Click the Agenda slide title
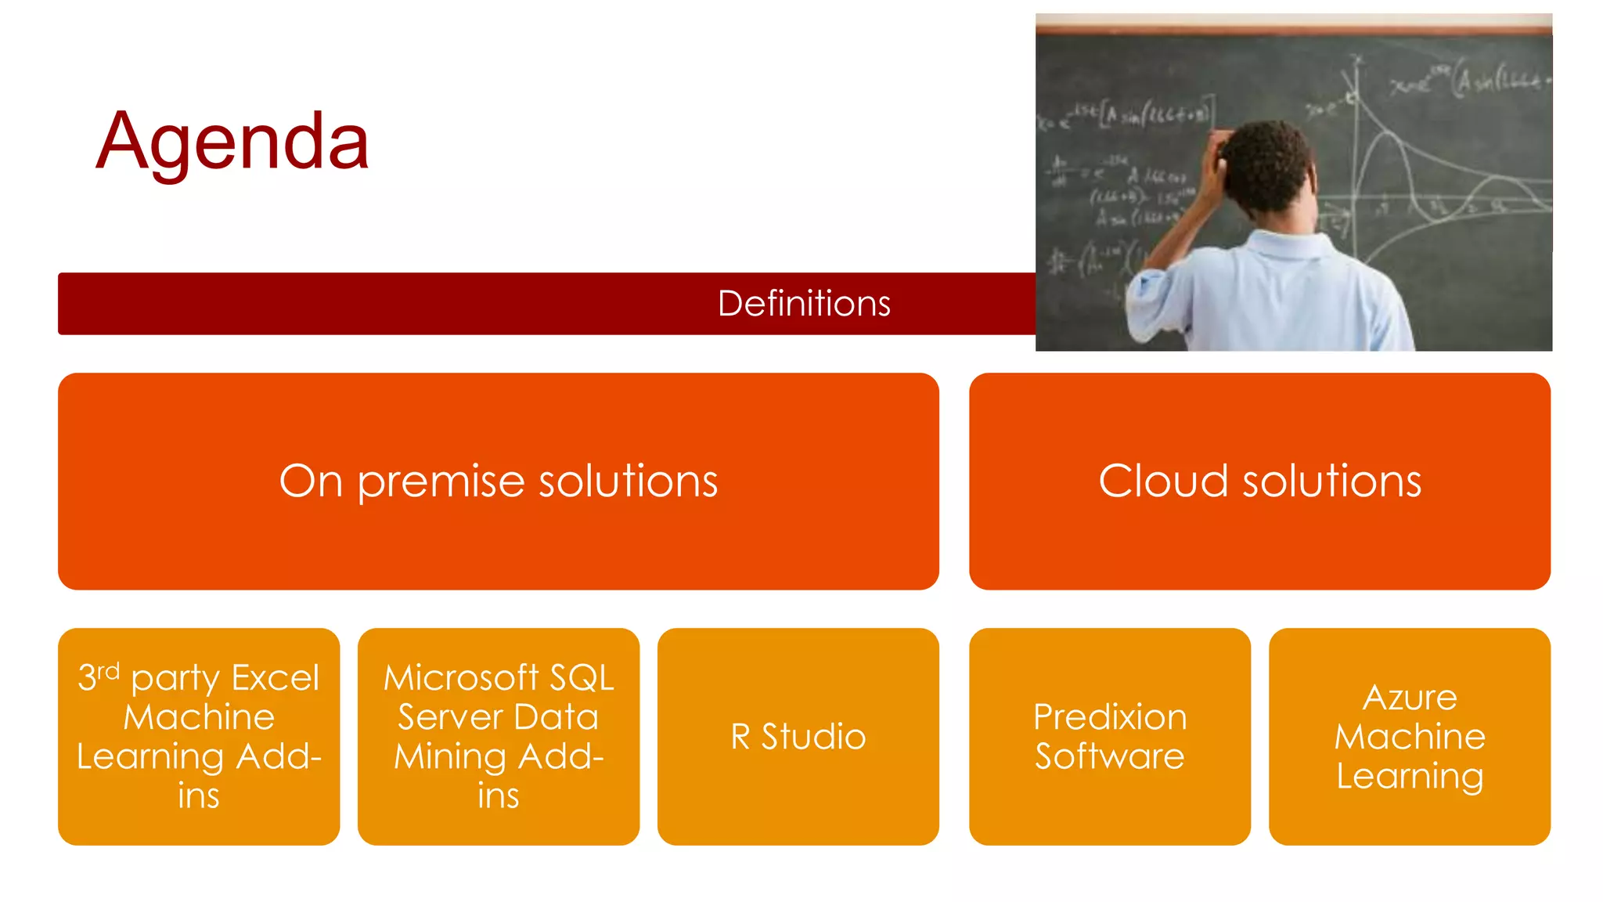232,142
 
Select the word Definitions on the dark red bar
804,304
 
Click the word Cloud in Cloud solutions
1162,481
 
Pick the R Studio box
798,737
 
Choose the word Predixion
1109,716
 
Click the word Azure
1410,697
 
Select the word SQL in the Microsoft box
582,678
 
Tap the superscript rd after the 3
108,671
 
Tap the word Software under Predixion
1109,756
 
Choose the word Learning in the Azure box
1410,776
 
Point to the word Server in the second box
449,717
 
